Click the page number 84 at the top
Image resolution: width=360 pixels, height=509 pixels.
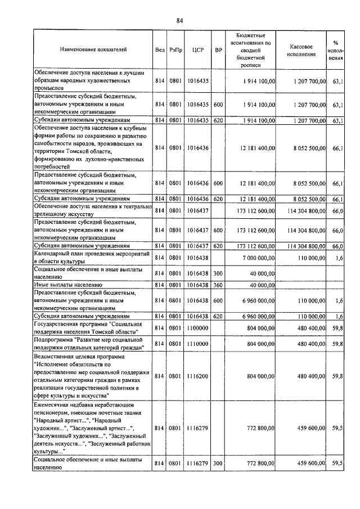(x=180, y=21)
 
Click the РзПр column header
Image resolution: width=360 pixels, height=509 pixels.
(x=175, y=49)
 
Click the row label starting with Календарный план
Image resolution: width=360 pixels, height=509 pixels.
(x=91, y=258)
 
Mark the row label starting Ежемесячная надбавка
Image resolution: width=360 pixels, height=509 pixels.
(x=92, y=428)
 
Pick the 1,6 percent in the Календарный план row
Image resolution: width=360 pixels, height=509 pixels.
(x=339, y=258)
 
